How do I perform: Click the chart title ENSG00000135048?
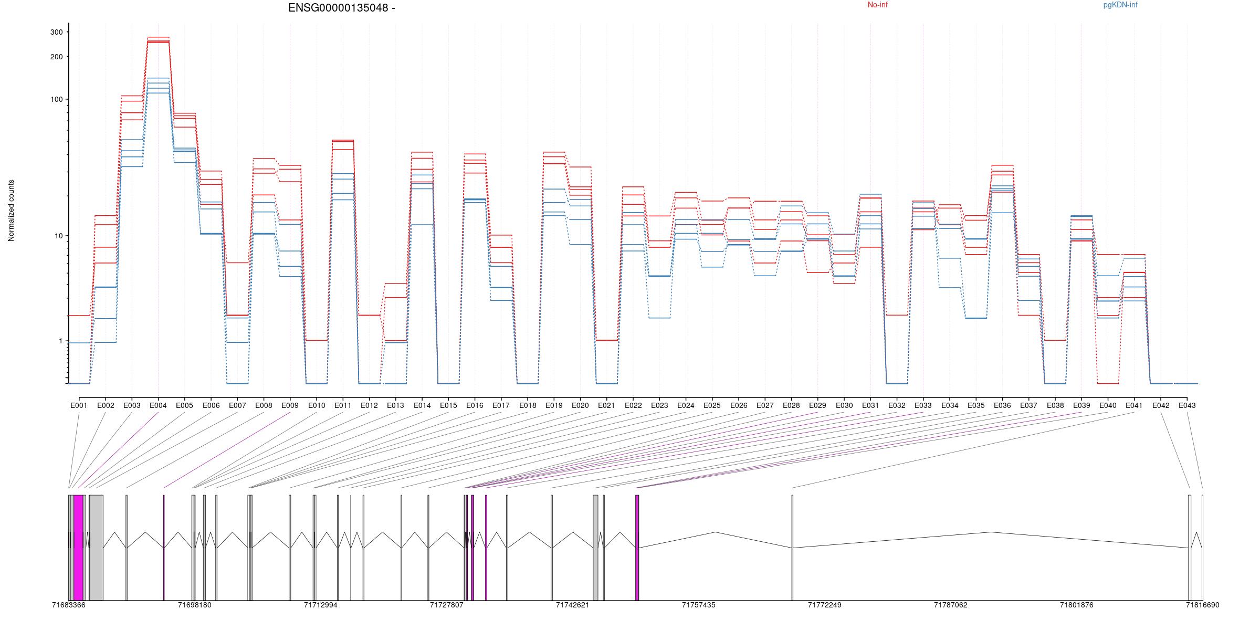point(338,8)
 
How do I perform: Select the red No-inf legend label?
point(877,5)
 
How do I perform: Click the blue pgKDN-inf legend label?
point(1120,5)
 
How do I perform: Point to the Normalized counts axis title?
point(11,211)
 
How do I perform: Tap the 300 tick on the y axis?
point(56,32)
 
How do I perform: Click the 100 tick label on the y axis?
point(56,100)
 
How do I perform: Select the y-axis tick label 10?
point(58,236)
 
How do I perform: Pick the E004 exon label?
point(158,405)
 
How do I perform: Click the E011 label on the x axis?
point(343,405)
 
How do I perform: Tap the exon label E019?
point(554,405)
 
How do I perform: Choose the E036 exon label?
point(1002,405)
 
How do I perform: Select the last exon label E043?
point(1187,405)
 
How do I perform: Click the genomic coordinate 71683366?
point(69,605)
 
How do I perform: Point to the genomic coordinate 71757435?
point(698,605)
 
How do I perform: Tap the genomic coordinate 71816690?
point(1202,605)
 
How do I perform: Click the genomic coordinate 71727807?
point(447,605)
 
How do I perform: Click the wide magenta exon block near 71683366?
point(78,547)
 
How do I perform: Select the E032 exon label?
point(897,405)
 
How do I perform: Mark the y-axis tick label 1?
point(60,341)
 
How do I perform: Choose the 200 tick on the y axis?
point(56,57)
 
